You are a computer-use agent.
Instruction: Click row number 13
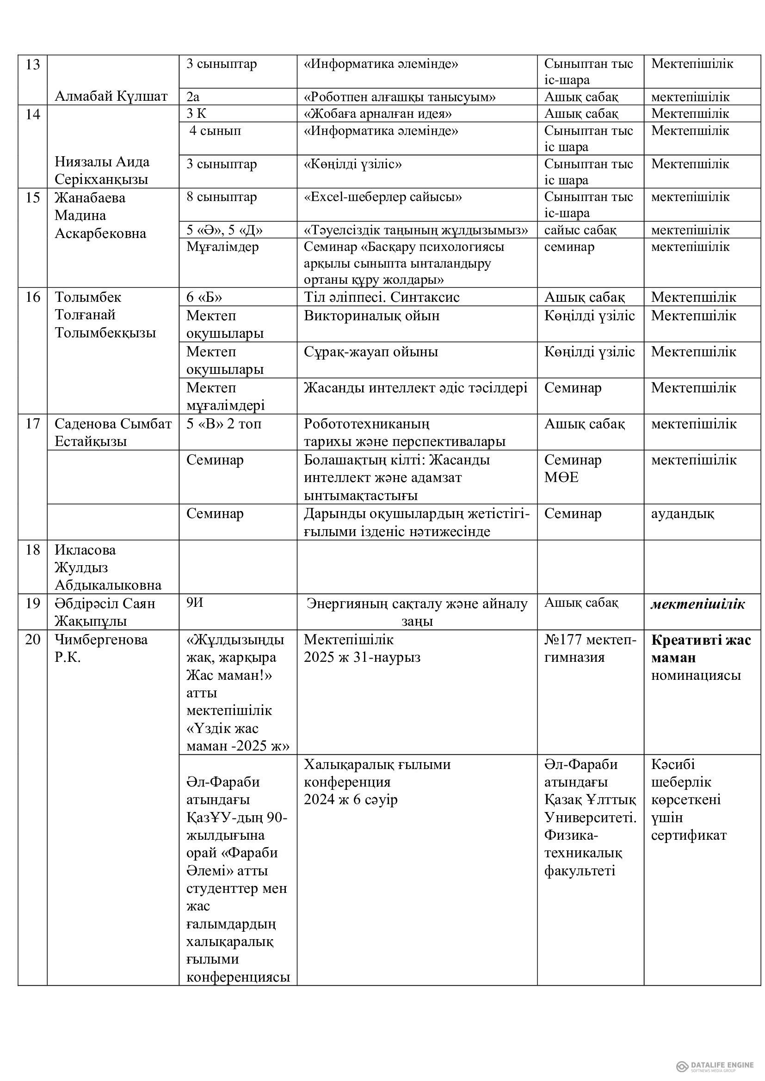tap(32, 64)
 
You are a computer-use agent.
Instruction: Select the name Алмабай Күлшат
tap(111, 97)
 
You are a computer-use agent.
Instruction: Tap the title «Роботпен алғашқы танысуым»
tap(400, 97)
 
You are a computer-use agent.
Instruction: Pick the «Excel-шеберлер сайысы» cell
tap(382, 197)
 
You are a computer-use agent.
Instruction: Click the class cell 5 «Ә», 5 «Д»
tap(224, 230)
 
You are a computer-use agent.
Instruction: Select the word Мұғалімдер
tap(222, 247)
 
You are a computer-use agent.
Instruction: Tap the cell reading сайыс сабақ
tap(580, 230)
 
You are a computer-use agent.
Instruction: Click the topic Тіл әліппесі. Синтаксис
tap(382, 297)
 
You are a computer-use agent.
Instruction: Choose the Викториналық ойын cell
tap(372, 316)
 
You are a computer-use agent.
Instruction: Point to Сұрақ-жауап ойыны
tap(371, 352)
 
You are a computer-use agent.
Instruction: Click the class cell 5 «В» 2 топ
tap(224, 424)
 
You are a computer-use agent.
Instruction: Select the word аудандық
tap(682, 513)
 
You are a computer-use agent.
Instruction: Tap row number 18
tap(32, 550)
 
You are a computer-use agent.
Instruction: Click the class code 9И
tap(195, 603)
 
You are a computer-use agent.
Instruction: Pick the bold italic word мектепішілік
tap(697, 604)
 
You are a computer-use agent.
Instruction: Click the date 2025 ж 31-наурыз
tap(362, 657)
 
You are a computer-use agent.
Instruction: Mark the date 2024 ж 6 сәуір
tap(351, 800)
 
